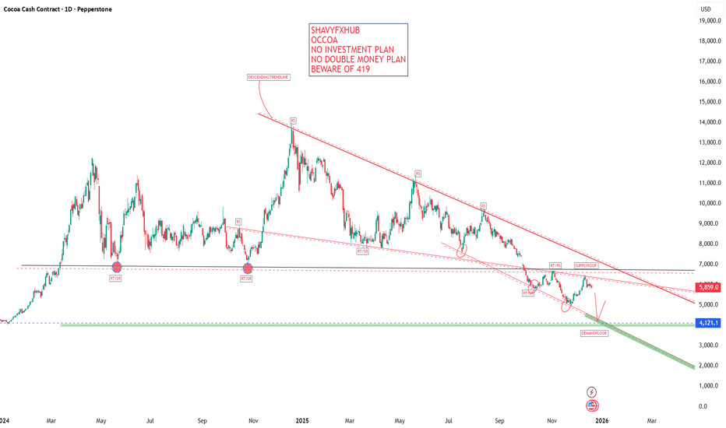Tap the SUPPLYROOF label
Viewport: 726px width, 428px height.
coord(587,265)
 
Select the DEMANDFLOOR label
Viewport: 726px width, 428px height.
coord(594,332)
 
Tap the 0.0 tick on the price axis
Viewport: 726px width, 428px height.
coord(703,406)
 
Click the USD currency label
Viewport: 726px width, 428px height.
coord(706,9)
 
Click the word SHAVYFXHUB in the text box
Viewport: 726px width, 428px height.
coord(336,31)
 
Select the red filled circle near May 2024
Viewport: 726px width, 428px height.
coord(117,267)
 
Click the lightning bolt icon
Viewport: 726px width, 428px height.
coord(591,391)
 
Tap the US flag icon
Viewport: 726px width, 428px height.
coord(591,405)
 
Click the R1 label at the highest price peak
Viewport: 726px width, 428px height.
coord(293,121)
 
